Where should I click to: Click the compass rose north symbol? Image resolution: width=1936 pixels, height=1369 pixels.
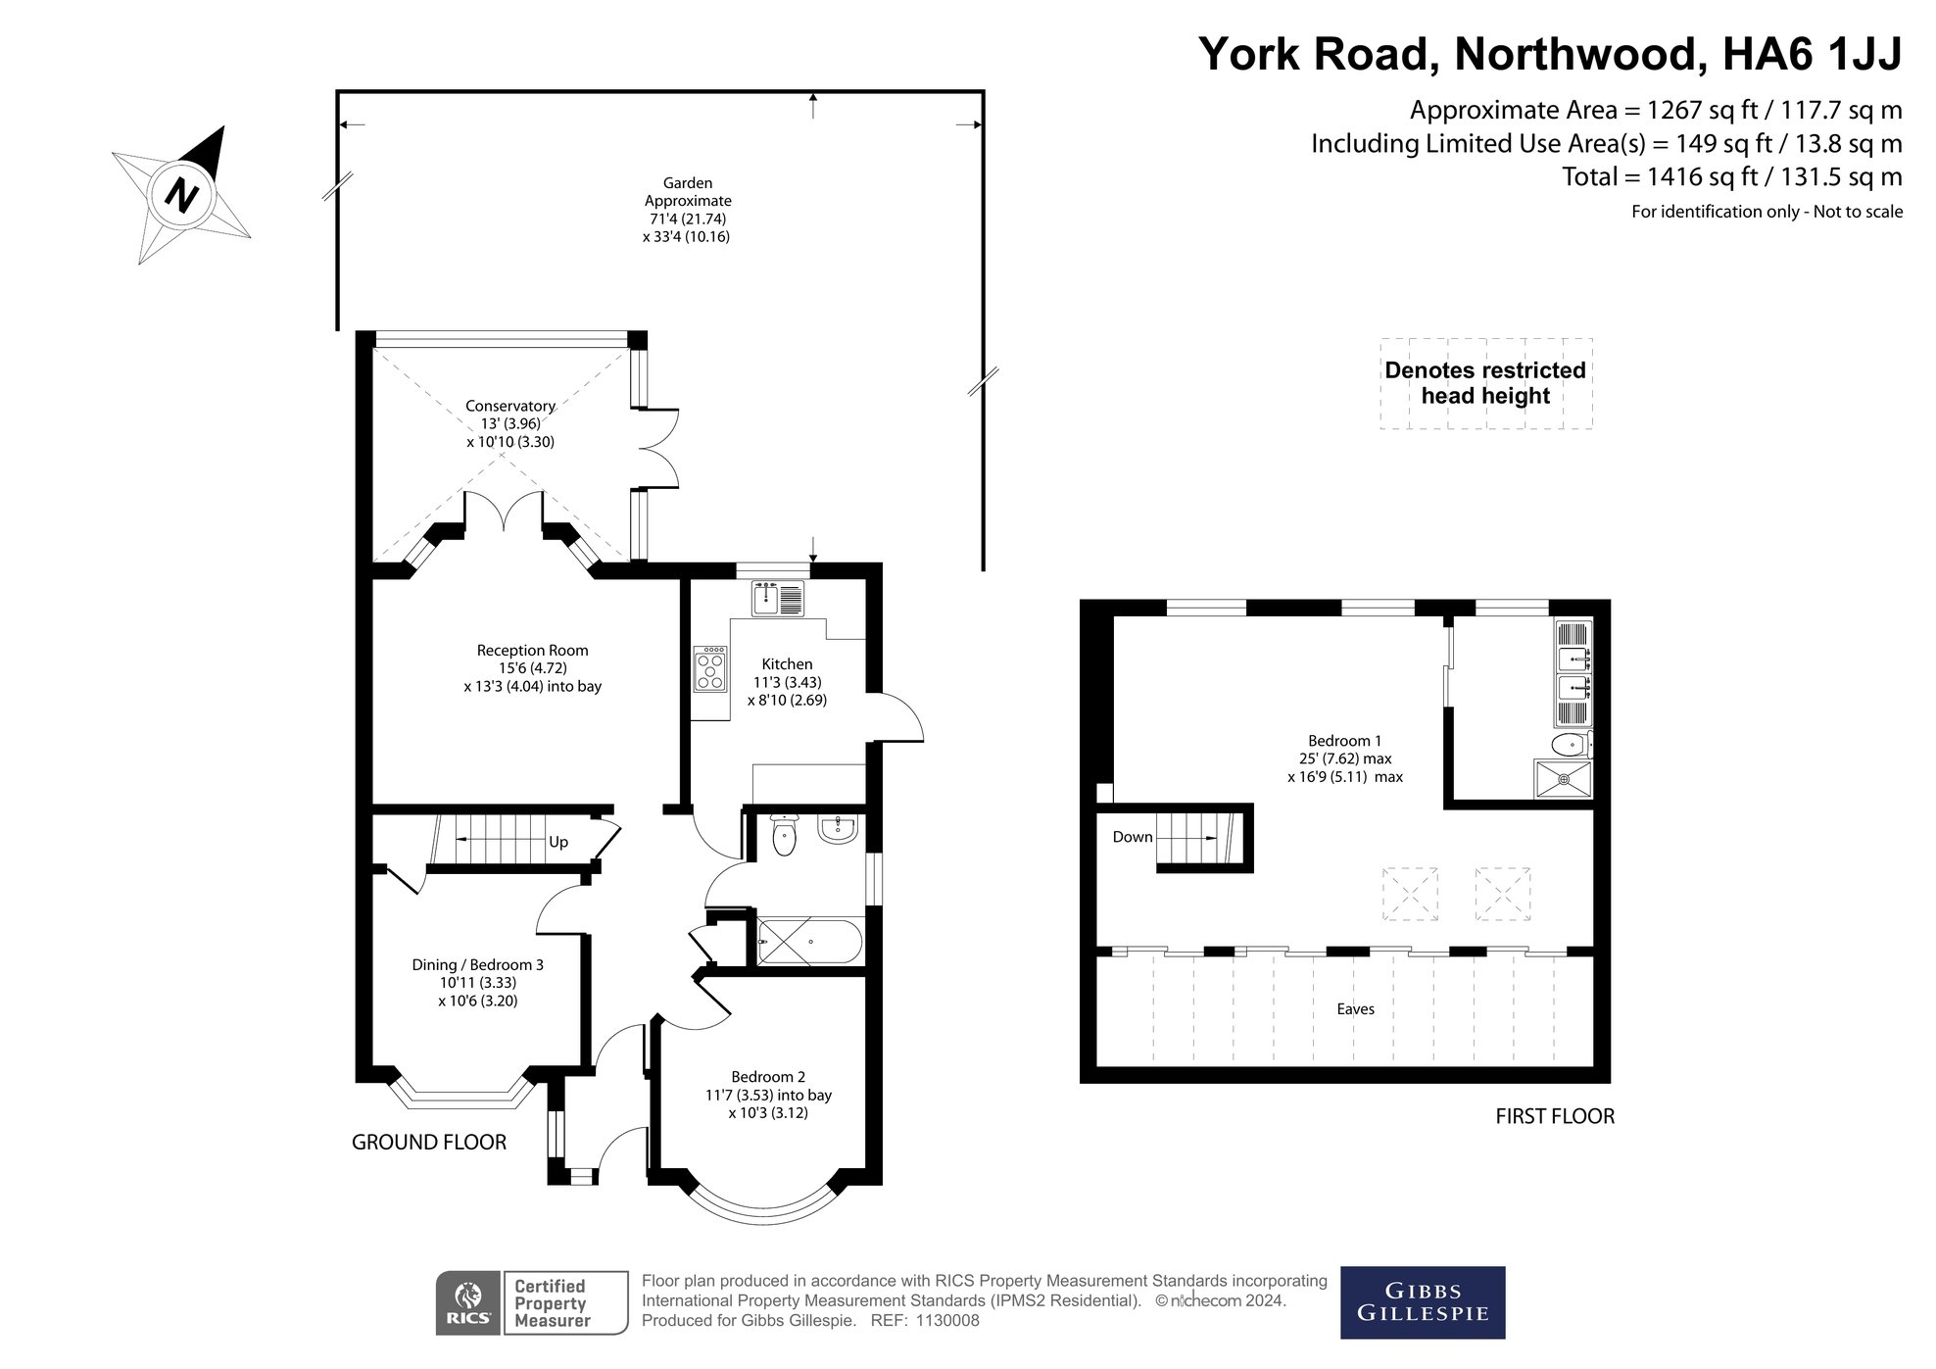pos(182,194)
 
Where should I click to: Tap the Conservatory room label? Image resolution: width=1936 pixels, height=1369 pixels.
pos(509,406)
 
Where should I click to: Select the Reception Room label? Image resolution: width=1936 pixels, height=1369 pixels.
pos(532,650)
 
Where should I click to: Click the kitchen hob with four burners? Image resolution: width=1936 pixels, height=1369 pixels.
pos(709,669)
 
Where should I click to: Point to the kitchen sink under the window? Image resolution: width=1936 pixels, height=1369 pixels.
pos(778,598)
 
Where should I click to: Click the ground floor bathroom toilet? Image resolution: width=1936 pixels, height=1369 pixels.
pos(784,834)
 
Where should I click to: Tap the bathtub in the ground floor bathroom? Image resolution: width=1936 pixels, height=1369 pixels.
pos(810,942)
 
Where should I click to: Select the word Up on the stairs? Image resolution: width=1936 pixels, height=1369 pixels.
pos(558,842)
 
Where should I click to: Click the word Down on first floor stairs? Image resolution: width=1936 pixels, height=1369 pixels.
pos(1133,837)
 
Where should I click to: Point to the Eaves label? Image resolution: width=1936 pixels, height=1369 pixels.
pos(1355,1008)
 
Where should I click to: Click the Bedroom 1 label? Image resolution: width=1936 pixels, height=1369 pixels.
pos(1344,741)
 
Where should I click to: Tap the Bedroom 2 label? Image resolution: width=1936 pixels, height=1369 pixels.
pos(768,1077)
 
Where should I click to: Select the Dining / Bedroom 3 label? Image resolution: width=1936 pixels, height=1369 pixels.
pos(477,965)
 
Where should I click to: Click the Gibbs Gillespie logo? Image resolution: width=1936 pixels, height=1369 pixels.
pos(1422,1302)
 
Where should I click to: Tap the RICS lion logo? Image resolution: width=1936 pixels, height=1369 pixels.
pos(469,1302)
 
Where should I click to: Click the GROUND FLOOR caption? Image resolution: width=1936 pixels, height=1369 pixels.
pos(429,1142)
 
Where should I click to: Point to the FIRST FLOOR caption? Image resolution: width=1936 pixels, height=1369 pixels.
pos(1555,1116)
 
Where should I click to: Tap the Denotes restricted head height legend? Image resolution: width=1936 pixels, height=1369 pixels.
pos(1485,383)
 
